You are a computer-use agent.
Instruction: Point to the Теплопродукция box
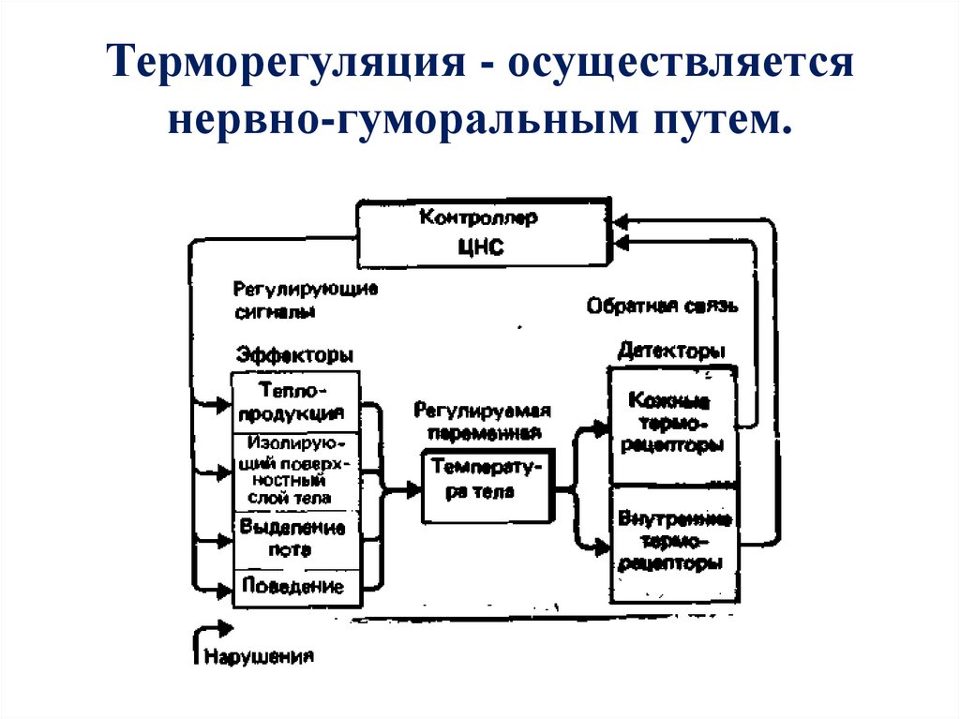point(295,402)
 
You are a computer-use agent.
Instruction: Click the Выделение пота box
point(295,539)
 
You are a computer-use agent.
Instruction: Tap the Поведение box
point(295,588)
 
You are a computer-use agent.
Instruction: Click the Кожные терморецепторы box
point(672,424)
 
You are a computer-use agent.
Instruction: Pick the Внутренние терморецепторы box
point(672,543)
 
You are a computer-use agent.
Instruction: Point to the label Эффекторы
point(294,355)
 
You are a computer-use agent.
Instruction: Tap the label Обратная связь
point(664,305)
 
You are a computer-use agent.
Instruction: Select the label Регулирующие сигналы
point(305,299)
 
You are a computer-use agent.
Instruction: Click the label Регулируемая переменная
point(483,422)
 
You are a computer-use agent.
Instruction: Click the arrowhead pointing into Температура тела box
point(413,487)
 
